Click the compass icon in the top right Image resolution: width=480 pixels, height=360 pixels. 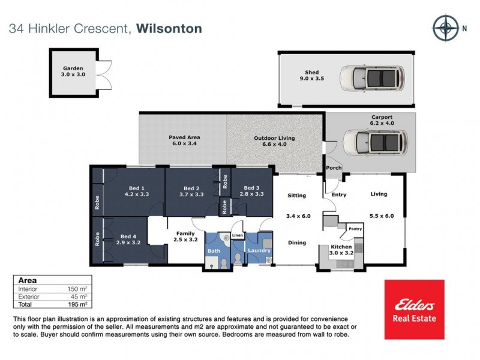[445, 28]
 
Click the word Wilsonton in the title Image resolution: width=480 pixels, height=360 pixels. [169, 28]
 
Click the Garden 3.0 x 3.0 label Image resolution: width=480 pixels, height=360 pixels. [72, 72]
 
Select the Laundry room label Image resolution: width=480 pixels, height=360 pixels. [259, 250]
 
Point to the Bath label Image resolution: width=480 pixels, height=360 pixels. [214, 250]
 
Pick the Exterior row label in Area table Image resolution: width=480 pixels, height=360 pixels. [29, 296]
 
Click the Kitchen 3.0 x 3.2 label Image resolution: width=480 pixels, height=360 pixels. [341, 250]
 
